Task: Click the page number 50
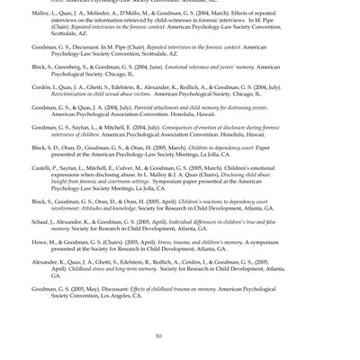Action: point(158,336)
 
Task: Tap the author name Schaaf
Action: point(42,222)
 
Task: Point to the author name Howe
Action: point(40,241)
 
